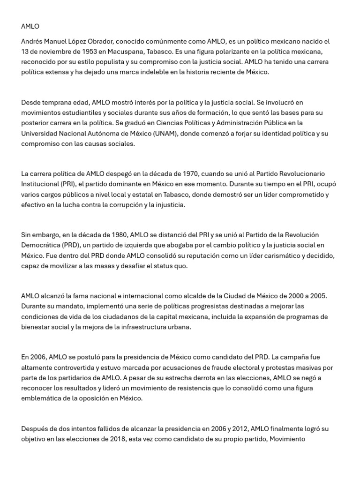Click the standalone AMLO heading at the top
click(x=30, y=26)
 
